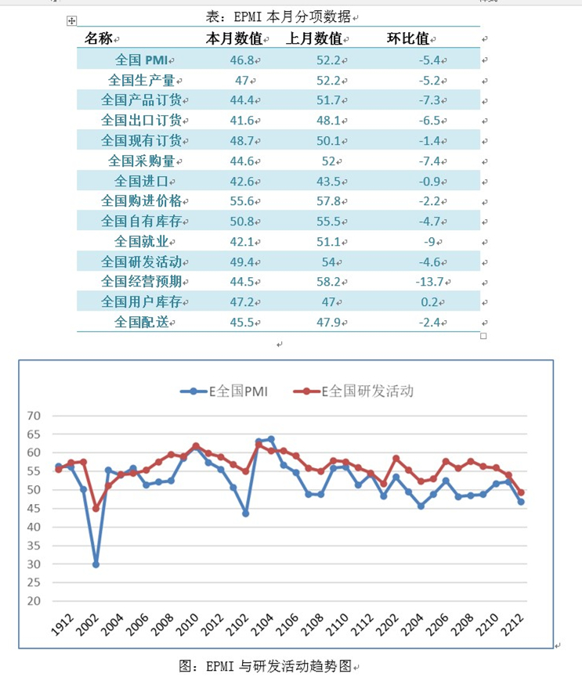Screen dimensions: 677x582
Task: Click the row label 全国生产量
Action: [x=143, y=80]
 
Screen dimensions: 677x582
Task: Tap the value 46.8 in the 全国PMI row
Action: [x=240, y=59]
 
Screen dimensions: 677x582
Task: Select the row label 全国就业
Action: [x=143, y=241]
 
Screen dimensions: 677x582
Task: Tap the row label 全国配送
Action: [x=143, y=322]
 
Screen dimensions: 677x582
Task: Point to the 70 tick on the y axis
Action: [x=33, y=416]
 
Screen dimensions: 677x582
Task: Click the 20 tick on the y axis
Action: [x=33, y=601]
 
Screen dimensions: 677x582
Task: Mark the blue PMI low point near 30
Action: [x=96, y=564]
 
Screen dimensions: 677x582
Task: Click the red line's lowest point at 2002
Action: [x=96, y=509]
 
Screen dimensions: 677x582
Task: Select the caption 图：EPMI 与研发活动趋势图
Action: [x=266, y=666]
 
